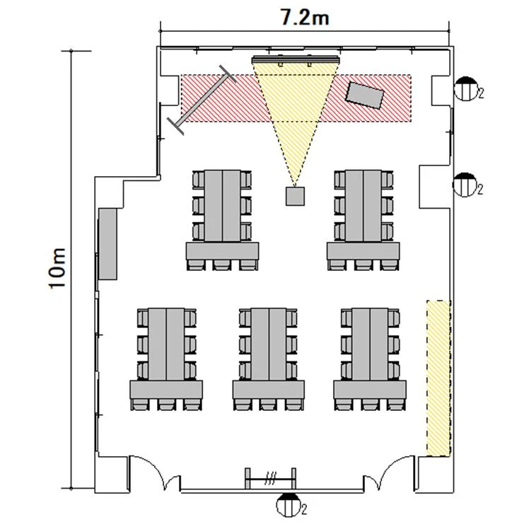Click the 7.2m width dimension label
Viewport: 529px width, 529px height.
point(305,18)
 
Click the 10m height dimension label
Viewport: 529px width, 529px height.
point(57,269)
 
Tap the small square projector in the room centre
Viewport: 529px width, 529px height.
point(295,197)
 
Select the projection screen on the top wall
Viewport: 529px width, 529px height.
point(295,59)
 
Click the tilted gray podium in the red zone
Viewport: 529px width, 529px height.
point(365,95)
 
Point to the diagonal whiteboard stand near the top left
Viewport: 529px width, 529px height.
point(202,100)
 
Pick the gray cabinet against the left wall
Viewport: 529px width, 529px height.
point(107,244)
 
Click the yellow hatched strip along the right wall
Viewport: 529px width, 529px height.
point(438,378)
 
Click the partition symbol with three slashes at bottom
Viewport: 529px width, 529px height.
point(271,478)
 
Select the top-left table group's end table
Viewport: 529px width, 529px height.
point(222,251)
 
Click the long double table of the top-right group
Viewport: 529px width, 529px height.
point(364,206)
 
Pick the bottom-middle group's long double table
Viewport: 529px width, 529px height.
point(269,344)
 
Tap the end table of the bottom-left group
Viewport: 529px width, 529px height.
point(166,390)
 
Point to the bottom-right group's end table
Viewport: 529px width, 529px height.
point(370,390)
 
